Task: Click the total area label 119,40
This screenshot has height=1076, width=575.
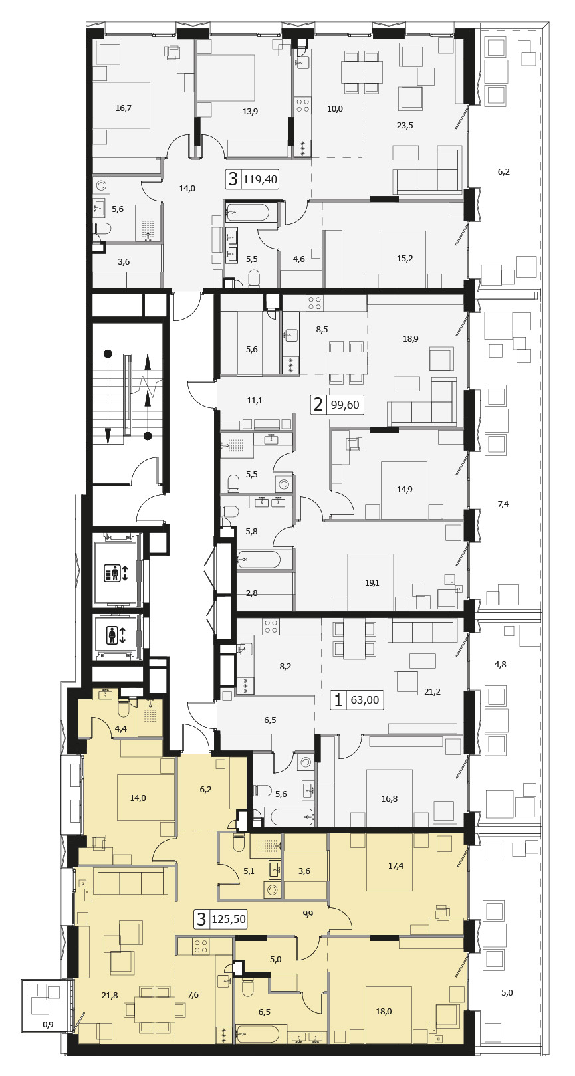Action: point(261,180)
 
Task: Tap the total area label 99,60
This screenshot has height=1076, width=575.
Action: point(345,405)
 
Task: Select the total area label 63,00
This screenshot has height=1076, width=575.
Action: point(364,700)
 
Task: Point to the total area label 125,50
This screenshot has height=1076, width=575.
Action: point(229,919)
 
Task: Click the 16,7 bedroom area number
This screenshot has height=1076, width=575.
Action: point(124,108)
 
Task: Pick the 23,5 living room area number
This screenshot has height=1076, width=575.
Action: point(405,126)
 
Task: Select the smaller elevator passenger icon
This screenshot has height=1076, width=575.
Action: point(116,635)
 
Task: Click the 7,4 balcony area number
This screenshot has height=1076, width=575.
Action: point(503,504)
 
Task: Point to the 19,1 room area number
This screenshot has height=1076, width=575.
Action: point(372,583)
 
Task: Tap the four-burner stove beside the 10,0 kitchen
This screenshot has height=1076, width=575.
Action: point(302,105)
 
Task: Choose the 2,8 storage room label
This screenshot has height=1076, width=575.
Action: point(252,593)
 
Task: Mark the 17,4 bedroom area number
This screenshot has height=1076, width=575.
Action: point(396,865)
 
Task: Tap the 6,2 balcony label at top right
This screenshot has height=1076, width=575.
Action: point(503,171)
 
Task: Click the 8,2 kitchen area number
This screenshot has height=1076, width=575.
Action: point(285,666)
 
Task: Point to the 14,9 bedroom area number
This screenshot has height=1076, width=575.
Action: point(404,490)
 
